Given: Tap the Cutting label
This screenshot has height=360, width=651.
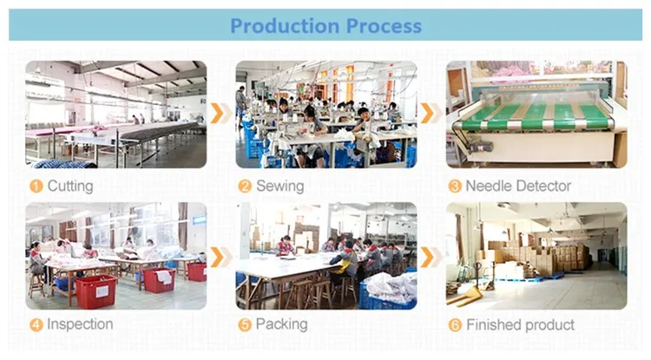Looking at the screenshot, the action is (x=69, y=186).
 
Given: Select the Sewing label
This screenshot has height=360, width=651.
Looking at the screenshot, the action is (x=279, y=186).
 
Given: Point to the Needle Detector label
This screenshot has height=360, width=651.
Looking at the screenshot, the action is (x=518, y=186).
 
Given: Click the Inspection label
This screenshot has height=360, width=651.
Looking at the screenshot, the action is (x=79, y=324).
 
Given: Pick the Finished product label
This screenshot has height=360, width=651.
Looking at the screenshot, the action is (x=520, y=324).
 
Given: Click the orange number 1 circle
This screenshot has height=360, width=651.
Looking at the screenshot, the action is (x=36, y=186).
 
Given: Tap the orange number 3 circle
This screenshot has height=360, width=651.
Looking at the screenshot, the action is (x=454, y=186).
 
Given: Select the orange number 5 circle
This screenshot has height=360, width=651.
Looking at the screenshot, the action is (x=245, y=324).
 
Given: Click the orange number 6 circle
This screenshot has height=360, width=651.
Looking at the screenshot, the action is (x=454, y=324).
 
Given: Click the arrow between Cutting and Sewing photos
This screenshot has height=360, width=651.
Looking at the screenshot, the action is (x=220, y=113).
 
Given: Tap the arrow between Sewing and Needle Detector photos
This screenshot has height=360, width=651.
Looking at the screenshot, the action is (x=429, y=113).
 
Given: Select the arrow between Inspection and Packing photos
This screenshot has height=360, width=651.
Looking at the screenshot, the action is (x=220, y=256).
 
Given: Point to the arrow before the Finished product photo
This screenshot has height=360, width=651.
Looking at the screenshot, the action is (x=429, y=256).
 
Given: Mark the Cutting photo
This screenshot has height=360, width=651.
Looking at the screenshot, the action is (x=115, y=114).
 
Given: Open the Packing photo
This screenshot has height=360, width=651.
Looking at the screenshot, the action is (x=325, y=256).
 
